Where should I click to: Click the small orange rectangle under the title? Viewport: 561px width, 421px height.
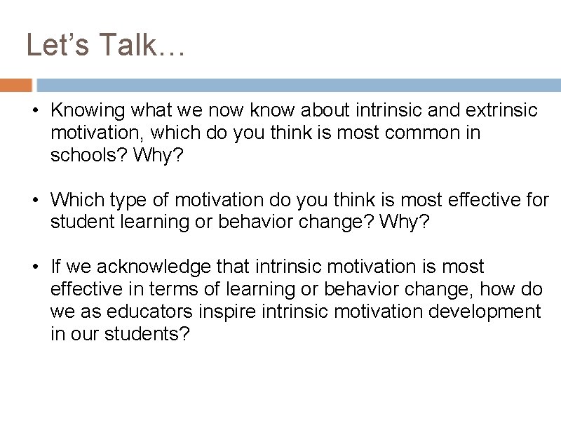click(x=16, y=86)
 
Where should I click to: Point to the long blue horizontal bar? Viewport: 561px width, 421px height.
click(x=299, y=86)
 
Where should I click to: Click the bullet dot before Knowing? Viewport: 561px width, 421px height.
click(x=34, y=110)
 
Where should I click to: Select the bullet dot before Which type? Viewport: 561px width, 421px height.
click(x=34, y=200)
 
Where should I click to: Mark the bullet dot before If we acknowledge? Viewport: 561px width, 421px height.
click(x=34, y=267)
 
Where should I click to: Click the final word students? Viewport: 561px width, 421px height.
click(x=147, y=334)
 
